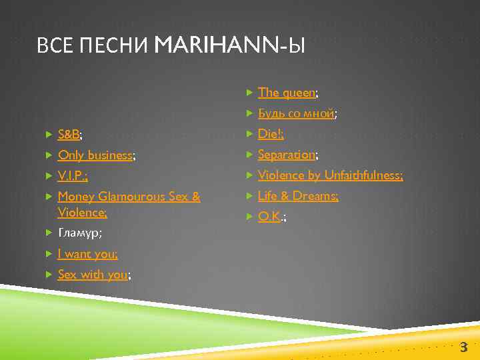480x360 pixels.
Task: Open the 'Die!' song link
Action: click(x=270, y=134)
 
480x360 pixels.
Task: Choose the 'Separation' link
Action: click(x=286, y=155)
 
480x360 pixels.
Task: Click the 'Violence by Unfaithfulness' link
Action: click(x=329, y=175)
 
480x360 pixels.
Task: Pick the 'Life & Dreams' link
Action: click(x=297, y=196)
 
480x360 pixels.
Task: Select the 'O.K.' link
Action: click(x=269, y=217)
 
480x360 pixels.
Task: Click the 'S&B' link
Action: click(x=69, y=135)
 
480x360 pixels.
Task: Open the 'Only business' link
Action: click(x=95, y=155)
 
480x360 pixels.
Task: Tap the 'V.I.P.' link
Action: click(x=72, y=176)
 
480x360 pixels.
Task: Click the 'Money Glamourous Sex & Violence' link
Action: click(x=129, y=197)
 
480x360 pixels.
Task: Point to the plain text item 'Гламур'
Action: click(x=79, y=233)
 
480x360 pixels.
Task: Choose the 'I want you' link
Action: click(x=87, y=253)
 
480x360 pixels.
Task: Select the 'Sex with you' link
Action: click(x=93, y=274)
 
